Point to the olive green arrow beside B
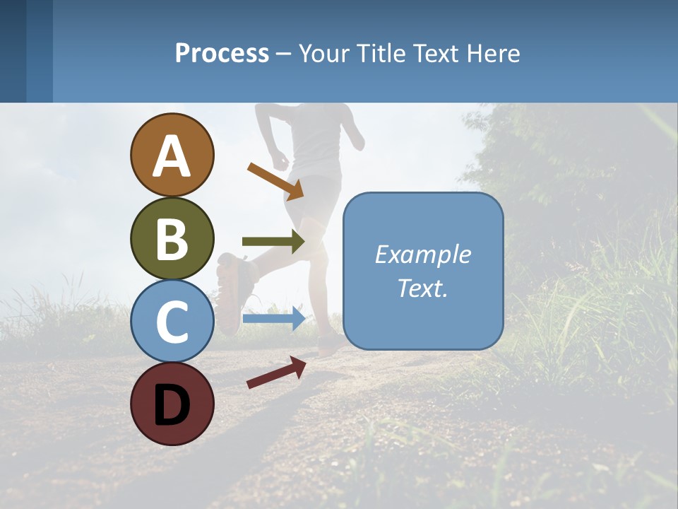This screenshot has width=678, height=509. click(x=273, y=241)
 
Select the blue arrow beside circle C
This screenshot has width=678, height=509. click(x=273, y=318)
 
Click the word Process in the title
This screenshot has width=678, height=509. click(x=222, y=54)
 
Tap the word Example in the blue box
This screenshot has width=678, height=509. click(x=422, y=255)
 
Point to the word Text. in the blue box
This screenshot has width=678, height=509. click(x=422, y=288)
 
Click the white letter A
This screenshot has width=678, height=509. click(x=172, y=157)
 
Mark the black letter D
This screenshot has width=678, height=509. click(x=172, y=406)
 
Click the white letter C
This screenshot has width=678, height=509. click(x=172, y=322)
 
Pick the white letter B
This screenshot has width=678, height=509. click(x=172, y=239)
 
